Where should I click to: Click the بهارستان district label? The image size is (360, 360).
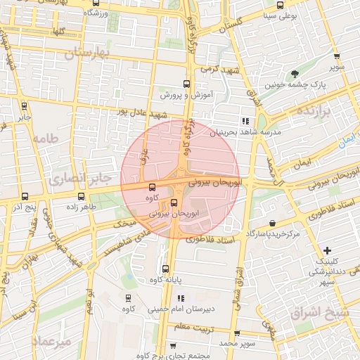click(89, 52)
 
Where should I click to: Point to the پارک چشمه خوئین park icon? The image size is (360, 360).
click(295, 74)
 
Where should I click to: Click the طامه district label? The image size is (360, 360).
click(44, 139)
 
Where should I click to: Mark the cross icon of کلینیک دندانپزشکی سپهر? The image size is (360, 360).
click(328, 250)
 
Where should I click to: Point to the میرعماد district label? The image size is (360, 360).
click(52, 342)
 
